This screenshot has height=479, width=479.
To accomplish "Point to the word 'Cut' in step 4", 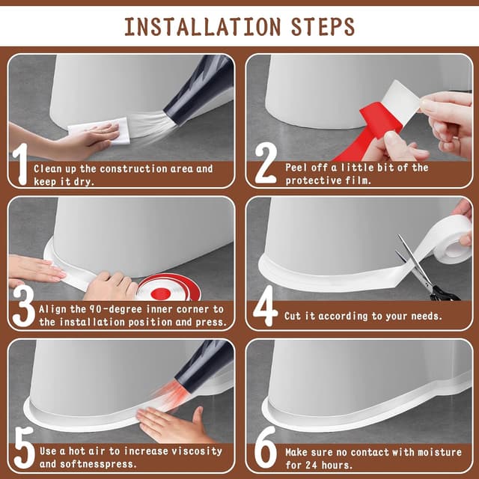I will [x=293, y=316].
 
